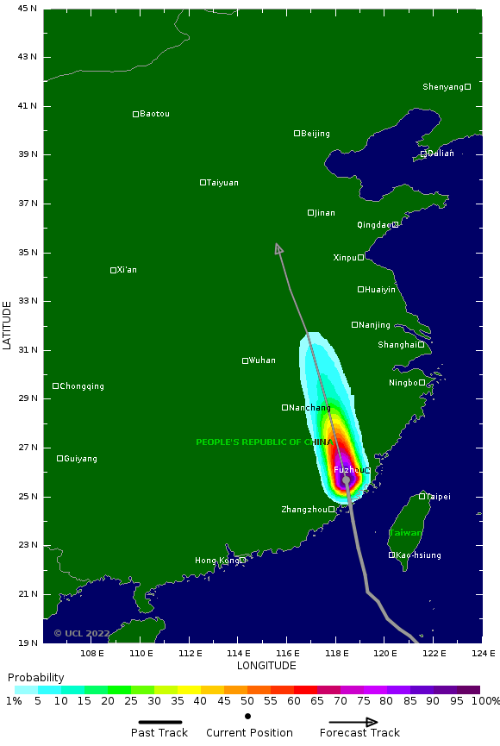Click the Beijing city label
click(316, 134)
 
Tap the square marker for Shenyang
click(468, 86)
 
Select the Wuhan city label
click(262, 360)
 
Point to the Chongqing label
click(82, 386)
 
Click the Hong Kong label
click(217, 561)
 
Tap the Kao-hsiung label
click(418, 555)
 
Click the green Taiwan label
click(405, 533)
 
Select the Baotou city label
click(154, 114)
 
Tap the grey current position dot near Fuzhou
click(346, 480)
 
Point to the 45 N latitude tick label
click(28, 9)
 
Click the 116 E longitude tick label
click(287, 653)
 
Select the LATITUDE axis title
click(8, 325)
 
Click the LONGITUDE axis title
click(266, 666)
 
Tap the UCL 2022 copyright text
click(82, 633)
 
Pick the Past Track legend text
click(159, 733)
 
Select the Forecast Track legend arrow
click(353, 722)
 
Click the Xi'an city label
click(127, 270)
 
